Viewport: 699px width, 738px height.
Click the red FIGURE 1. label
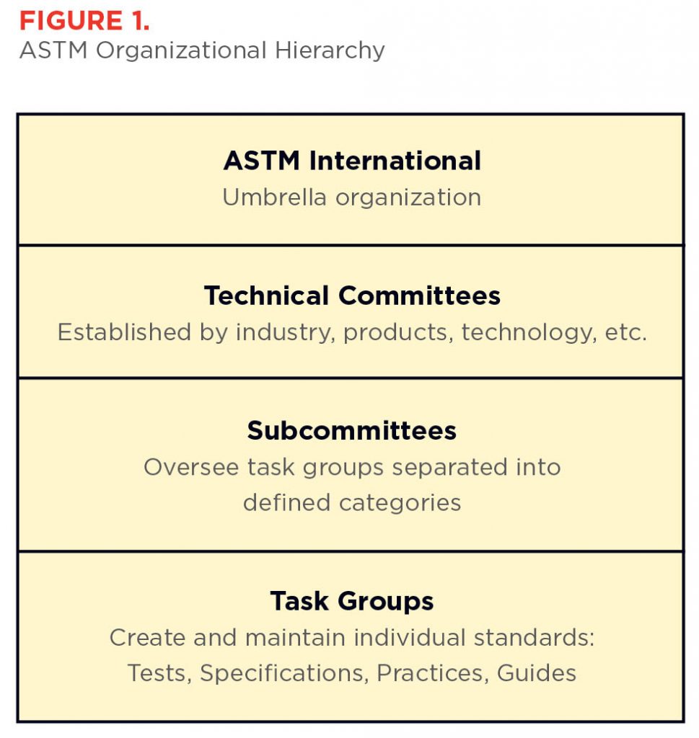84,20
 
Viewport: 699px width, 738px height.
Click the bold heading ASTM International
352,161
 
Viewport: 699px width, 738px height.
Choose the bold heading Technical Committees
352,295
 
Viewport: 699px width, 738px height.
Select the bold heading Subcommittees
352,430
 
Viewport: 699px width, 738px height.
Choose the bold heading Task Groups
352,601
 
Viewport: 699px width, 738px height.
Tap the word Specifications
281,673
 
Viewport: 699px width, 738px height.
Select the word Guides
536,673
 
